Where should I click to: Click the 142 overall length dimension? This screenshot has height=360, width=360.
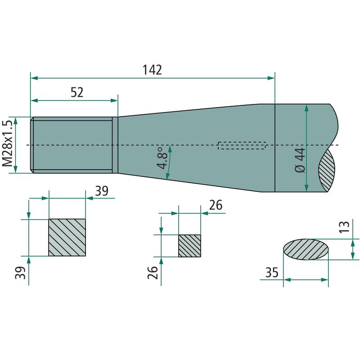(x=152, y=70)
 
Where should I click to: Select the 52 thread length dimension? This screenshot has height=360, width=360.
(x=77, y=92)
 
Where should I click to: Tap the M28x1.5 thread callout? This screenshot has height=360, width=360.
(x=7, y=143)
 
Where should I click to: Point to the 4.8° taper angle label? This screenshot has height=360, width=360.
(x=162, y=158)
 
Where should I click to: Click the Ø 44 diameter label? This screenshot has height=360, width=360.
(x=300, y=160)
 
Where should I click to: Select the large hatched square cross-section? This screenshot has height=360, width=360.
(x=67, y=238)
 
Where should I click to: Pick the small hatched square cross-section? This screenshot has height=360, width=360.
(x=189, y=246)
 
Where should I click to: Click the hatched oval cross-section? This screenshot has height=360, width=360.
(x=306, y=249)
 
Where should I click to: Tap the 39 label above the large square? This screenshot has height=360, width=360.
(x=102, y=191)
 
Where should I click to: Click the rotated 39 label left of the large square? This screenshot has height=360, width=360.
(x=20, y=273)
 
